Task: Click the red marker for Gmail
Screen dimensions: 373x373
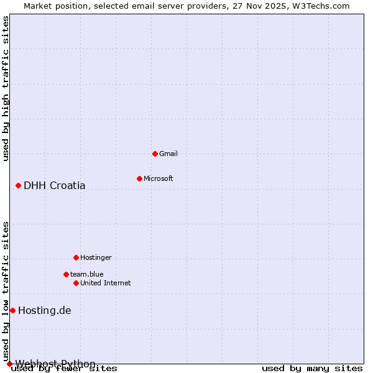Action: tap(155, 154)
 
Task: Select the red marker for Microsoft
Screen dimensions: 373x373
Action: tap(139, 178)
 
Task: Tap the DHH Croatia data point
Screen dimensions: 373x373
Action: tap(18, 185)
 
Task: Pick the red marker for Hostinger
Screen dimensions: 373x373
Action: tap(76, 257)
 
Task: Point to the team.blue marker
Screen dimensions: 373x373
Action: tap(66, 274)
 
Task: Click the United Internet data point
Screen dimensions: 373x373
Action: tap(76, 283)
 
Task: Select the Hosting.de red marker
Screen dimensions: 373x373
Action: tap(12, 310)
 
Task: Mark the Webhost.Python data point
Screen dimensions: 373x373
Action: tap(9, 364)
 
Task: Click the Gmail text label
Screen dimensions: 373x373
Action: tap(168, 154)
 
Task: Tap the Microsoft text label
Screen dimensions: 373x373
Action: tap(159, 178)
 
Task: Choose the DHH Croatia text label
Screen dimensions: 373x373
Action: tap(55, 185)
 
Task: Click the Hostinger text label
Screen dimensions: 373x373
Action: tap(96, 257)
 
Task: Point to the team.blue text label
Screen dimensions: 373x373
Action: tap(87, 274)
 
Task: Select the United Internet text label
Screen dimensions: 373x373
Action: tap(106, 283)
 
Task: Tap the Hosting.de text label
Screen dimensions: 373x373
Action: tap(45, 310)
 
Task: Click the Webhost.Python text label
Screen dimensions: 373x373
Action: tap(56, 364)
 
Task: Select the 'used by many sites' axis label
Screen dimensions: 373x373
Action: tap(312, 369)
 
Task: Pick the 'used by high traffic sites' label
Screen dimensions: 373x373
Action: tap(6, 88)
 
